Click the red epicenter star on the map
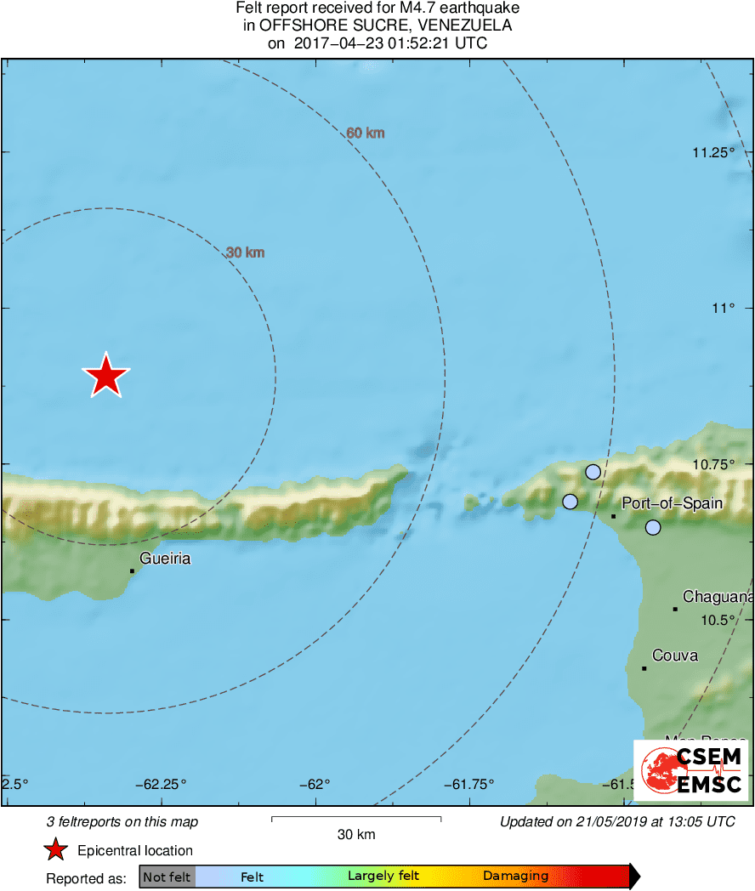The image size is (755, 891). [105, 375]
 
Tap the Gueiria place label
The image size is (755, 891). [164, 559]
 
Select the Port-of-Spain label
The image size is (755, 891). [672, 503]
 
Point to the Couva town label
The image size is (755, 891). [675, 655]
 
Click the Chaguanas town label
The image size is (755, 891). [718, 598]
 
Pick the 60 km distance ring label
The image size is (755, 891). [366, 133]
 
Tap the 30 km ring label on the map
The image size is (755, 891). [246, 253]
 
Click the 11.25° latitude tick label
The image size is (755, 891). [712, 153]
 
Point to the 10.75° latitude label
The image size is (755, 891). [712, 464]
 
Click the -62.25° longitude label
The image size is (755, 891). [164, 784]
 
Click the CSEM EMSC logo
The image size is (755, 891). [690, 769]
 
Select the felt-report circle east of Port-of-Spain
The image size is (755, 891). [652, 527]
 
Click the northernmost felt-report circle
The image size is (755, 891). [593, 472]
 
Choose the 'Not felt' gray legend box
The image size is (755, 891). [167, 877]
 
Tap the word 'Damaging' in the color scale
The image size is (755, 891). [515, 876]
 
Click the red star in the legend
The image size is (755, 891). [56, 850]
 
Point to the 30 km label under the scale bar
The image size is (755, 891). [356, 835]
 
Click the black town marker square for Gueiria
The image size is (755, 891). [132, 570]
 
